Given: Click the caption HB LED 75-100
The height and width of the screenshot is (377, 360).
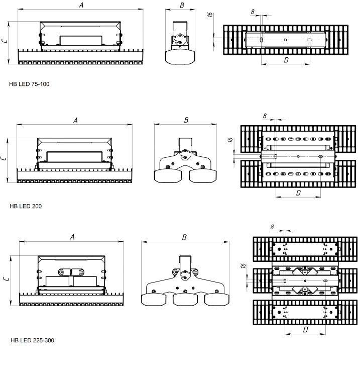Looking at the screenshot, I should coord(29,84).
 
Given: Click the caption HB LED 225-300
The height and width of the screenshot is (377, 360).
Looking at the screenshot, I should coord(32,340).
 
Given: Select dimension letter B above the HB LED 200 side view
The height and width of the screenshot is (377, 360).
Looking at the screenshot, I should coord(185,120).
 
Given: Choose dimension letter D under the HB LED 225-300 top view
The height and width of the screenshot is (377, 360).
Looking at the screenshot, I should coord(307,330).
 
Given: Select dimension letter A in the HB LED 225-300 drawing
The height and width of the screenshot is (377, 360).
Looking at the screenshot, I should coord(72,236).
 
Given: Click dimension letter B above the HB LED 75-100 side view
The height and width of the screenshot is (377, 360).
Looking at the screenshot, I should coord(182,7).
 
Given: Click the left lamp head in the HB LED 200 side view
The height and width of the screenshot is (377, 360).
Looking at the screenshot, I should coord(167,175).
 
